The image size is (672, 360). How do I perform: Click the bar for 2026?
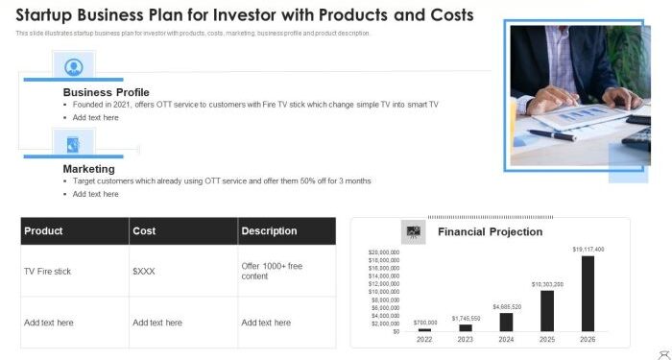point(588,293)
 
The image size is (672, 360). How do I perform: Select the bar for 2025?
point(547,310)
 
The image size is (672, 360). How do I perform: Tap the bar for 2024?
point(506,322)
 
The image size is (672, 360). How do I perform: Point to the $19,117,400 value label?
point(588,250)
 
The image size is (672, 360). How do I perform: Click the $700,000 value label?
point(425,323)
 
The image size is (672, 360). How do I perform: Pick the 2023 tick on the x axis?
point(466,339)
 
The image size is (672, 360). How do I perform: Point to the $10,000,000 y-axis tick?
point(385,292)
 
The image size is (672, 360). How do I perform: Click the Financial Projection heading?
point(490,232)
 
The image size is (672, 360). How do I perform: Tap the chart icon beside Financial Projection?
point(414,231)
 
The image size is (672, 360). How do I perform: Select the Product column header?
point(43,231)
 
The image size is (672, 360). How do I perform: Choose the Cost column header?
point(144,231)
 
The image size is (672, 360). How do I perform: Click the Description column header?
point(269,231)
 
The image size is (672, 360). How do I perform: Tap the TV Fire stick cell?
point(48,272)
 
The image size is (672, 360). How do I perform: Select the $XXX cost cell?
point(144,272)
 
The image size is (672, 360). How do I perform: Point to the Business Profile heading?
point(106,92)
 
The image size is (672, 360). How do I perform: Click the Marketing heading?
point(89,169)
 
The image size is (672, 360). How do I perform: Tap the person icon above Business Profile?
point(73,66)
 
